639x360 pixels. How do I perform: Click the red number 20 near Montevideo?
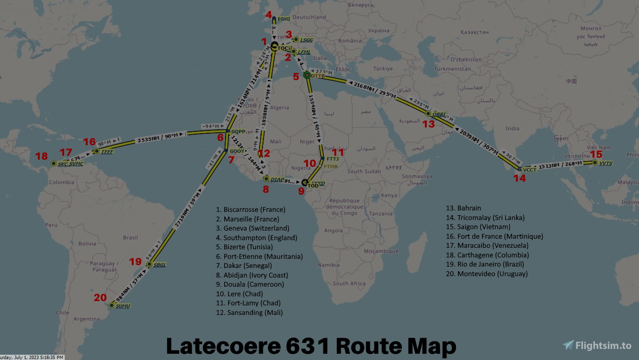(100, 298)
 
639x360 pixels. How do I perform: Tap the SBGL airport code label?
(160, 265)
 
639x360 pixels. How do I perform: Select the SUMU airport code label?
(123, 306)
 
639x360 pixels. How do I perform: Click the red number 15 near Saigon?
(596, 154)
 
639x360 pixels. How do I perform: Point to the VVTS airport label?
(605, 163)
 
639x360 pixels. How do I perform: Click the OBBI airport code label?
(439, 114)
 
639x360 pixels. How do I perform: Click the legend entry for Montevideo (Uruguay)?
(492, 274)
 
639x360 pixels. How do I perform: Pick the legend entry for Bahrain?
(469, 208)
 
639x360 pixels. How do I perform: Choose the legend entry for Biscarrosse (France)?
(251, 209)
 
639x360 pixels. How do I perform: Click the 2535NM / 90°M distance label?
(161, 139)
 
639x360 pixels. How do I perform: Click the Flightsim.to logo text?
(603, 345)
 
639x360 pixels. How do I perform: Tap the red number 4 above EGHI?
(268, 14)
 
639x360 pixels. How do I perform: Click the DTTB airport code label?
(318, 76)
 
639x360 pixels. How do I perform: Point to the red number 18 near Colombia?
(42, 156)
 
